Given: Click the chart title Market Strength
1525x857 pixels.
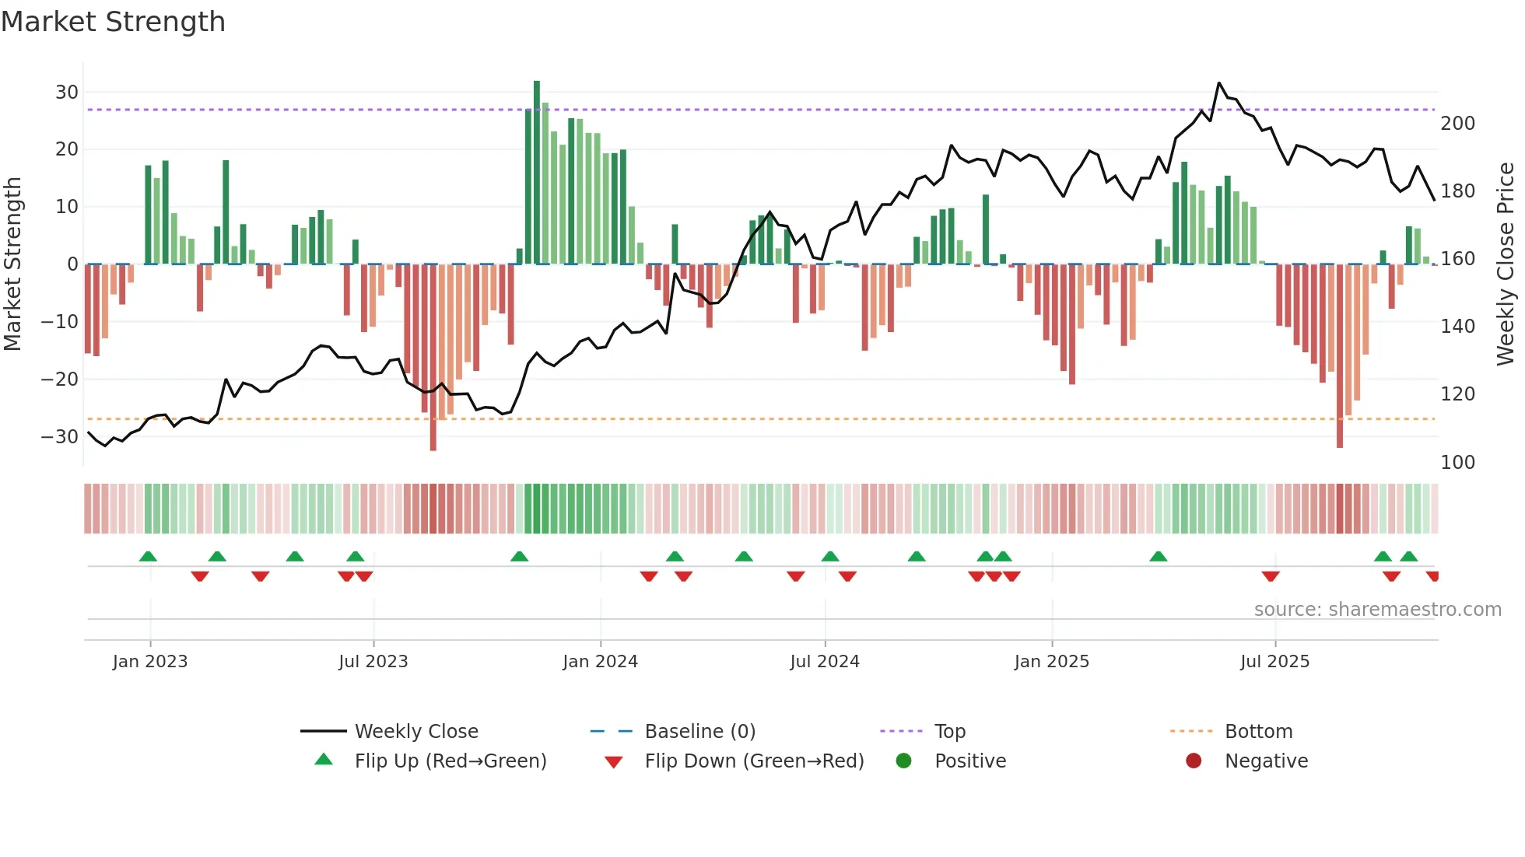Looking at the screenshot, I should pos(113,22).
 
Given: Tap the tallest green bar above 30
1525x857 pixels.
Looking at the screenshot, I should pos(537,171).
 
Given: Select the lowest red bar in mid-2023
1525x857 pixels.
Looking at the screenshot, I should pos(433,358).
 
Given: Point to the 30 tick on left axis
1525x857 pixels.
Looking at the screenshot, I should pos(67,93).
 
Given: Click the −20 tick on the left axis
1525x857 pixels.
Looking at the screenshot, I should pos(60,380).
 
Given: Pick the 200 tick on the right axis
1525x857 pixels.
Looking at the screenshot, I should pos(1457,124).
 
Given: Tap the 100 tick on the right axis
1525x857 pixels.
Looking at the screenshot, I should pos(1457,463).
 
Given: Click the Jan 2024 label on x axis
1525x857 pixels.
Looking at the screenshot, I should pos(600,662).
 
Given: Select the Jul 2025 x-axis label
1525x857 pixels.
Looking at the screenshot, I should pos(1274,662).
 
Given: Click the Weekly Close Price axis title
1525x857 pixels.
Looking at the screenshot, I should pos(1506,264).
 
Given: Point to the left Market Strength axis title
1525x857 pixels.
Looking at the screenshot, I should pos(13,264).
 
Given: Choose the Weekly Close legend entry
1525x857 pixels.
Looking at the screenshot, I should pos(415,732).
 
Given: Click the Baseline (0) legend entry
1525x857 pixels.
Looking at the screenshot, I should pos(699,732).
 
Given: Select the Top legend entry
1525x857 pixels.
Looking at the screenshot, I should pos(949,732).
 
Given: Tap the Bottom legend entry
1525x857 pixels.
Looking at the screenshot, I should pos(1258,732).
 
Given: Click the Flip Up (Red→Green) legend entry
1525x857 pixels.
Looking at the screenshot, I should pos(450,761).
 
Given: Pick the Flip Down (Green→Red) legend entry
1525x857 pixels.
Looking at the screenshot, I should pos(753,761).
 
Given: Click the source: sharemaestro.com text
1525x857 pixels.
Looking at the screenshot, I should pos(1377,610).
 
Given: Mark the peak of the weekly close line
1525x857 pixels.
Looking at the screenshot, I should pos(1219,83).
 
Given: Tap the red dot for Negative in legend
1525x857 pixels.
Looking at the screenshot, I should pos(1194,761).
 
